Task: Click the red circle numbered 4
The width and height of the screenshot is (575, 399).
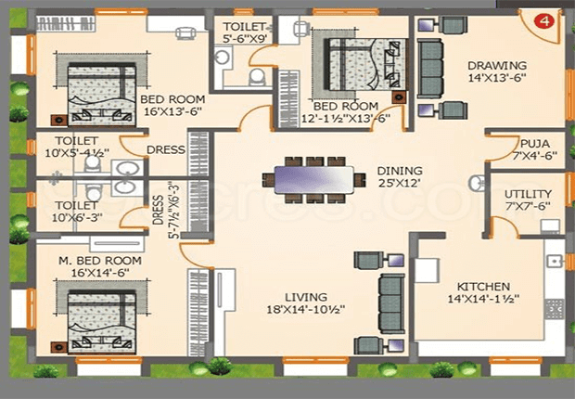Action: point(544,21)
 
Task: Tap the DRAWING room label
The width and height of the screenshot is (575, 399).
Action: point(497,66)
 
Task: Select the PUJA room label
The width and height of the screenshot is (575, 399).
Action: point(535,143)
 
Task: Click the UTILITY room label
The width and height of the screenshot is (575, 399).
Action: point(528,194)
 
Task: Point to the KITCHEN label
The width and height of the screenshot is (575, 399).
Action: point(483,287)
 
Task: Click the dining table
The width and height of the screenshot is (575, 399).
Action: point(313,179)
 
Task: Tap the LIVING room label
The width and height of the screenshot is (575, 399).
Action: point(306,297)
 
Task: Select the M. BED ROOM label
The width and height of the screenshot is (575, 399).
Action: point(100,261)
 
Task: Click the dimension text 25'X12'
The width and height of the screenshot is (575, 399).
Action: point(400,183)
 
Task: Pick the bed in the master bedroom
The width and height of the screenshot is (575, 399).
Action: point(102,323)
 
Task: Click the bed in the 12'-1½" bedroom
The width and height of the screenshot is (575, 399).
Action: point(366,64)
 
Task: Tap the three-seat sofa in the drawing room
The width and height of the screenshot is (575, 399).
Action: point(429,69)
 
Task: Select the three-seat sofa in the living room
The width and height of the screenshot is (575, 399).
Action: point(391,303)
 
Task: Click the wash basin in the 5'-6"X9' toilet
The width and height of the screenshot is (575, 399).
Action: point(223,58)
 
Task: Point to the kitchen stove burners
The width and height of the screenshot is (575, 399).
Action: point(554,309)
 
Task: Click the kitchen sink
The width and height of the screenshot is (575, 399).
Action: point(555,261)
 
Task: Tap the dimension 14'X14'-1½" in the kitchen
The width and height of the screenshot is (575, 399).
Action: point(483,299)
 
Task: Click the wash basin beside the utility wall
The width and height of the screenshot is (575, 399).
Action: point(477,183)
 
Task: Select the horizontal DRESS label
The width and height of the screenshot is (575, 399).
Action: point(166,149)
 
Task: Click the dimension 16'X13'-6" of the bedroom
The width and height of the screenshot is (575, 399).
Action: point(172,111)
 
